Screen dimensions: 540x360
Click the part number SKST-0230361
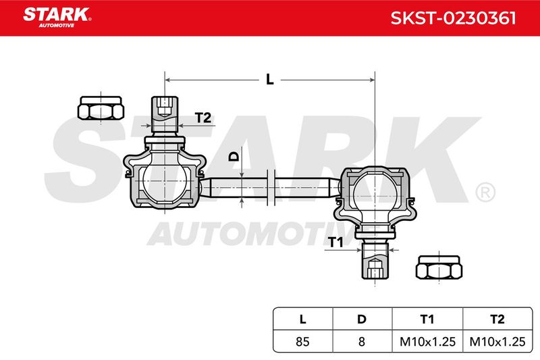click(x=453, y=18)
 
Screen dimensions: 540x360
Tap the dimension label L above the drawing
click(x=269, y=80)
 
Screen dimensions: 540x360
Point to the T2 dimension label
click(x=203, y=118)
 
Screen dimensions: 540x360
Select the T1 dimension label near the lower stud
click(x=335, y=242)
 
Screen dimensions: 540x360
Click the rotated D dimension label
click(x=234, y=157)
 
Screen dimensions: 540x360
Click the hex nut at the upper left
click(x=101, y=108)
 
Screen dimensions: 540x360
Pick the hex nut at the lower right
click(x=439, y=267)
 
